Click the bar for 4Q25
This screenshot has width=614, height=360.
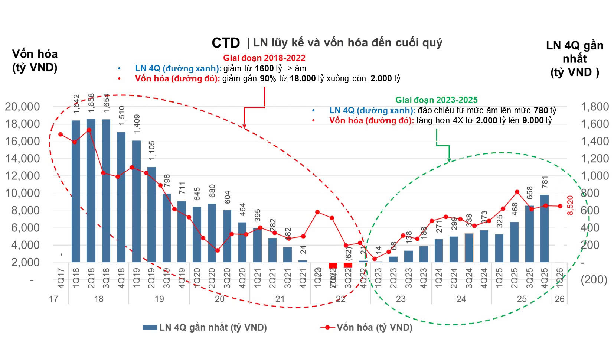544,228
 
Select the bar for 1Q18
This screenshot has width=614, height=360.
76,191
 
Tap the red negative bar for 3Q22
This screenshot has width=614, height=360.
348,265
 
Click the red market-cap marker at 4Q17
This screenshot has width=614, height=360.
61,134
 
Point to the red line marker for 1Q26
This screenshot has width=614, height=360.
560,206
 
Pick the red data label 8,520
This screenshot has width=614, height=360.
571,205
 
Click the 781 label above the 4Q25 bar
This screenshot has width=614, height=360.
545,182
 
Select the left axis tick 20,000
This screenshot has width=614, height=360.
22,107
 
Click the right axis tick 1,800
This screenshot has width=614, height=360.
594,107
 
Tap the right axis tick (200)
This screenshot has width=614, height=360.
594,279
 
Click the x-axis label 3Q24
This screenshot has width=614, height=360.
469,278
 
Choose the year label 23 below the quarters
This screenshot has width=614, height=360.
401,299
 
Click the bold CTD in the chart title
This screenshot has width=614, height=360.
226,43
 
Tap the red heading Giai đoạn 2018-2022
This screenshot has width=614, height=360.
264,58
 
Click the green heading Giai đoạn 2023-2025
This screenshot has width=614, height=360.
436,100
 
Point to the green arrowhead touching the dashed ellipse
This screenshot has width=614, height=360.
449,160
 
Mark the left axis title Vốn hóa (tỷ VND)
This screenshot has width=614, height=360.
35,61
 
